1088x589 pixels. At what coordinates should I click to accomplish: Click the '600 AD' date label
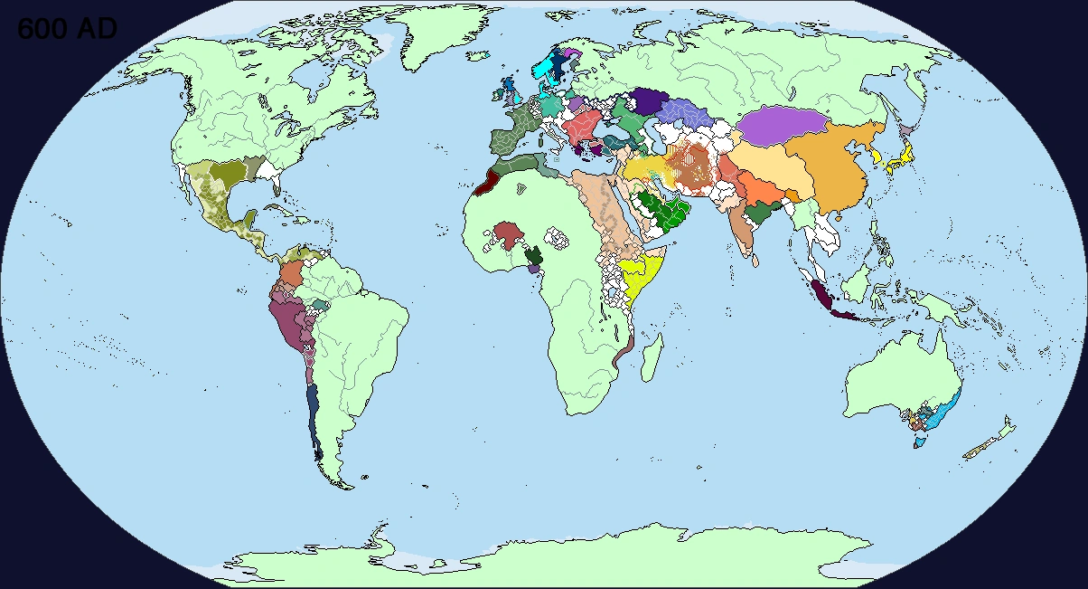67,29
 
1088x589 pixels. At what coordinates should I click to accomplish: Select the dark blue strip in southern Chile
313,412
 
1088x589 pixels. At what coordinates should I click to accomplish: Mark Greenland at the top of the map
443,36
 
